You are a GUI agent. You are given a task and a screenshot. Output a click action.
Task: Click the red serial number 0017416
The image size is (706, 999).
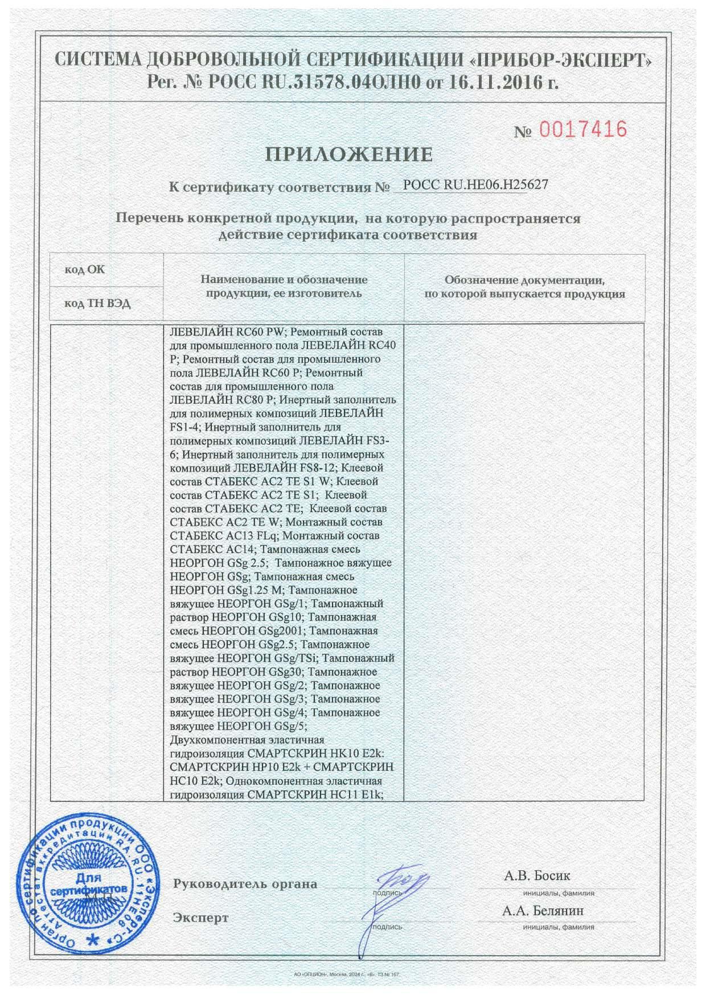pos(582,130)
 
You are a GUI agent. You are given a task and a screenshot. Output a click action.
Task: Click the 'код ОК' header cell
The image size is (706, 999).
pos(85,269)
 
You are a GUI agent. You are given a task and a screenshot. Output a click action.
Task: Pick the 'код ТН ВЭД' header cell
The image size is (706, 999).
pos(97,304)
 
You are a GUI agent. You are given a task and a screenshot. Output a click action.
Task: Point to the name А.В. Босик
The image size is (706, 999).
pos(536,875)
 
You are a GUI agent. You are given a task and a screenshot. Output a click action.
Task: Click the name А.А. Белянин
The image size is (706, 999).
pos(543,911)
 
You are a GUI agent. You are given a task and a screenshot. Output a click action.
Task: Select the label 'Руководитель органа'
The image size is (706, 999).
pos(245,884)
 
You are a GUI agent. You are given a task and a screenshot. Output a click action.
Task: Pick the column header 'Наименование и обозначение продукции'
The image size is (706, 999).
pos(284,286)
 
